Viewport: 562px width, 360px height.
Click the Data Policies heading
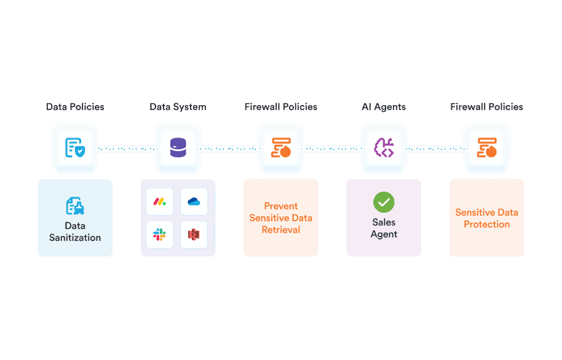pos(75,107)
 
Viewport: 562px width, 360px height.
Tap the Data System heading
pos(178,107)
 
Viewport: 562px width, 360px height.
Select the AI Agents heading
pos(384,107)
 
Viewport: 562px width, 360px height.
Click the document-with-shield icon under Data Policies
pos(75,148)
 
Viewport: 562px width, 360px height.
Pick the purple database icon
pos(178,148)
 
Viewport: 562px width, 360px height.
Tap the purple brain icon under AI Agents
pos(384,148)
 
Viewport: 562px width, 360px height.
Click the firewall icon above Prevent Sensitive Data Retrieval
pos(281,148)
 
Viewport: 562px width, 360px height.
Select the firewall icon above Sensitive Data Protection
pos(486,148)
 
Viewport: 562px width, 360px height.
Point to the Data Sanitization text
pos(75,232)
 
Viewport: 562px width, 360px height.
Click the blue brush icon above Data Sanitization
pos(75,206)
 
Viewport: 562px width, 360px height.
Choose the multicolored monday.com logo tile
pos(160,202)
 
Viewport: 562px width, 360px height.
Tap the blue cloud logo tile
pos(194,202)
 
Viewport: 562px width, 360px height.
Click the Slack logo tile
pos(160,235)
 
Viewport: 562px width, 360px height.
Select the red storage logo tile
pos(194,235)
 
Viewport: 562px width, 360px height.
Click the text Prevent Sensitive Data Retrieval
pos(281,218)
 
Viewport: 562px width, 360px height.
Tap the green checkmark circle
pos(384,202)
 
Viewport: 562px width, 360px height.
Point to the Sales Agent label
pos(384,228)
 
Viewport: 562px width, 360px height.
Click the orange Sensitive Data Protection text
pos(486,218)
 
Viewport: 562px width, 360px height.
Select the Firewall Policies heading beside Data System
pos(281,107)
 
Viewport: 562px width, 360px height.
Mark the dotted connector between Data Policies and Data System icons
pos(126,149)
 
